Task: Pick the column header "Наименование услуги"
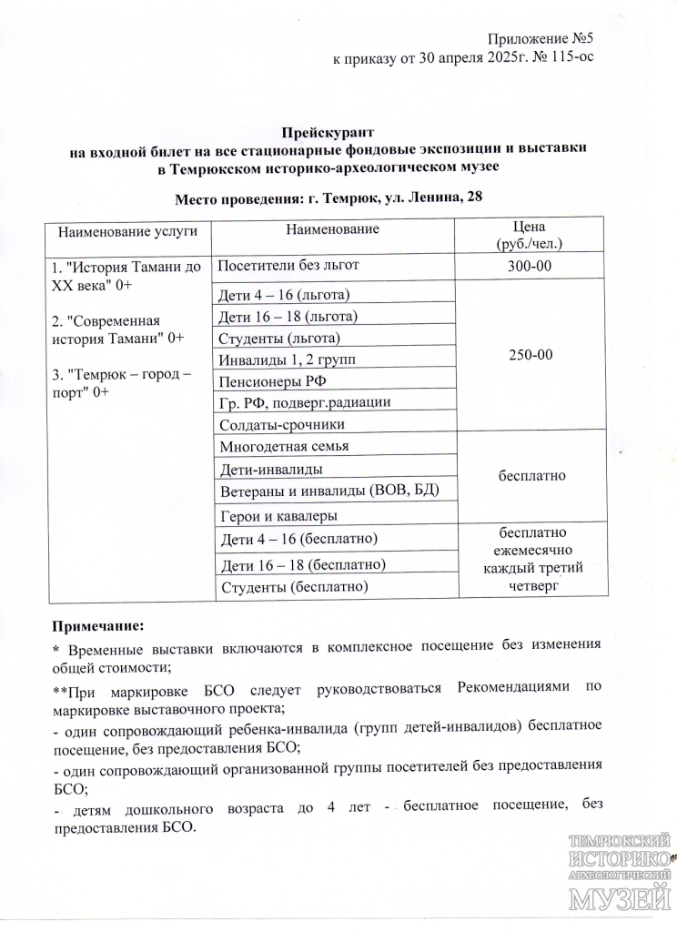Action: click(128, 232)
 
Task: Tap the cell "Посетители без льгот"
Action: click(289, 265)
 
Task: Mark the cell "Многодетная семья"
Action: click(284, 446)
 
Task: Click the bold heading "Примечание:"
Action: click(97, 626)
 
